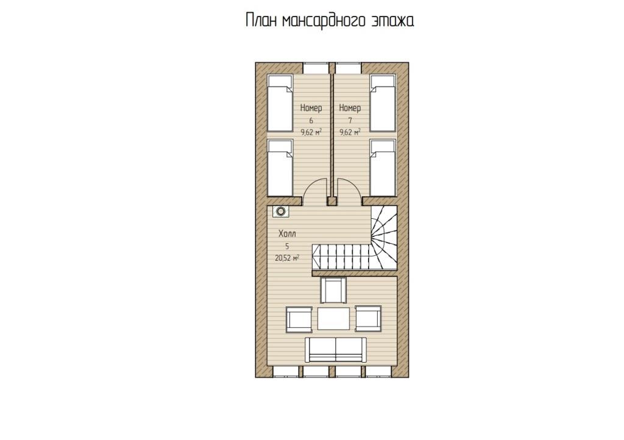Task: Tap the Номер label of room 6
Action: click(311, 108)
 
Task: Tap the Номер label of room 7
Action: click(350, 108)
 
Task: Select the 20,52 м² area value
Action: click(287, 258)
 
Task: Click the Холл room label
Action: click(287, 233)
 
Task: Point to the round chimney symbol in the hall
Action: click(281, 211)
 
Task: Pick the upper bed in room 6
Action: click(280, 103)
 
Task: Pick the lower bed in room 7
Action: click(383, 168)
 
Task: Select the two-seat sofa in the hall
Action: click(336, 350)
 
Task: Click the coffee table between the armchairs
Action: click(333, 318)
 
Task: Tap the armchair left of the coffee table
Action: click(299, 319)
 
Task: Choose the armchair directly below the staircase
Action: click(333, 291)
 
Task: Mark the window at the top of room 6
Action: click(316, 68)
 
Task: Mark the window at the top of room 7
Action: click(348, 68)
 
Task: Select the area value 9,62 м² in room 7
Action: click(350, 132)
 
